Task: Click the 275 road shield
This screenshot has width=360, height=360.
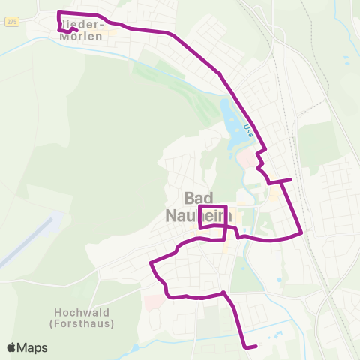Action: (11, 22)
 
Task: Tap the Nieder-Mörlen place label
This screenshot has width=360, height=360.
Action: (85, 28)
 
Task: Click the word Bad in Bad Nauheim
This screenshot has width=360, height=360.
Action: (199, 198)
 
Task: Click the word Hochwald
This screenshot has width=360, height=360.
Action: (83, 312)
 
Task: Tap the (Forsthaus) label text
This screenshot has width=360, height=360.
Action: (83, 323)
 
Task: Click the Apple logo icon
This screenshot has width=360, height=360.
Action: (11, 347)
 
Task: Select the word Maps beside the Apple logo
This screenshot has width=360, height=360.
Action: (33, 347)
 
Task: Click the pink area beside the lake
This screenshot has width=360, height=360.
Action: (246, 157)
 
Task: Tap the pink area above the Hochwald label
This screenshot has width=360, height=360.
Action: (151, 301)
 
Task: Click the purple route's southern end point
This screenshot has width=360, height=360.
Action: (256, 346)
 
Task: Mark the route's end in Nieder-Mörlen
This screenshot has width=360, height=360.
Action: (77, 31)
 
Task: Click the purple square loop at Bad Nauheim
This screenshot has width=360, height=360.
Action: (213, 216)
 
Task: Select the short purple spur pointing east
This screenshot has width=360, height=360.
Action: (283, 180)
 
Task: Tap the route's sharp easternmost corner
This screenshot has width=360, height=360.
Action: (301, 232)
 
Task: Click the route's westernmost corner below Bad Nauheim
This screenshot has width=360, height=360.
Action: (151, 263)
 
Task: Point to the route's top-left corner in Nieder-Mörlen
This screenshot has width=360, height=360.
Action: (59, 12)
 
